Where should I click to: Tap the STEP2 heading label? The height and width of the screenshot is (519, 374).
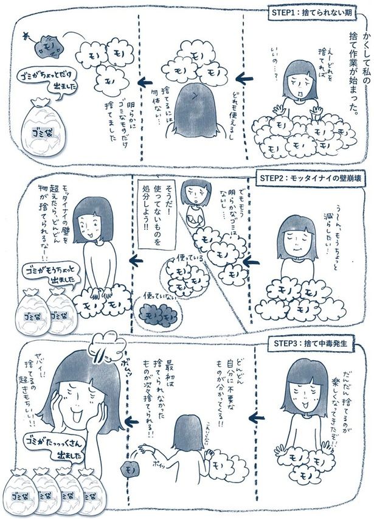click(304, 178)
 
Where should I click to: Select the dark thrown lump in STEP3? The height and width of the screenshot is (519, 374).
click(130, 470)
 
